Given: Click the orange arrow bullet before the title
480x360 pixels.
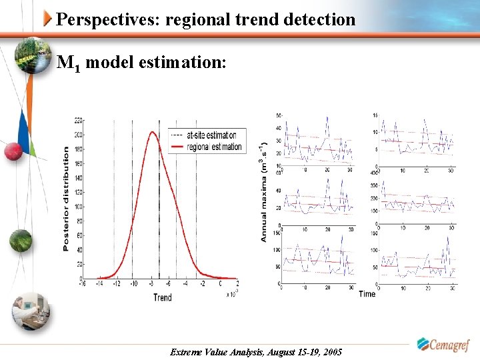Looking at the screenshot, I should [x=48, y=19].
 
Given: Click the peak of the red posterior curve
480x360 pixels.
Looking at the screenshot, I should [x=152, y=132].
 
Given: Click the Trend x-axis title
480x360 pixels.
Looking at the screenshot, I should [x=162, y=297].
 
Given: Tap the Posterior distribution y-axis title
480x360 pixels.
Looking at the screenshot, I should [x=66, y=199].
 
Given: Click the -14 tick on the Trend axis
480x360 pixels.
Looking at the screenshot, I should [x=99, y=283].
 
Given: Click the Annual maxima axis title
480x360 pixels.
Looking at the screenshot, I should [x=264, y=191].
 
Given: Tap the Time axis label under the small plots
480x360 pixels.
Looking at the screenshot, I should [x=367, y=293].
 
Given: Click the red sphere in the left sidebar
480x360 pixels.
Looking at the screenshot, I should [x=13, y=152].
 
